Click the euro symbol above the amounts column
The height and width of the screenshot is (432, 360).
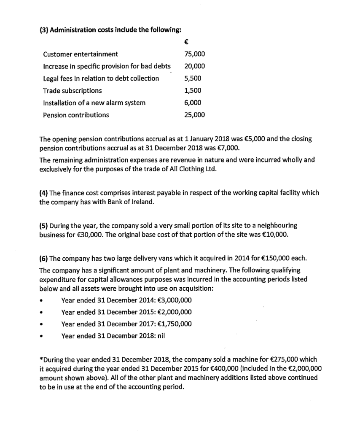click(187, 42)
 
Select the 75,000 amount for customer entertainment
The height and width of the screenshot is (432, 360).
click(195, 54)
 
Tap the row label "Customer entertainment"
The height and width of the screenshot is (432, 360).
click(81, 54)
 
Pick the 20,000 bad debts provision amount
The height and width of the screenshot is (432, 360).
click(195, 66)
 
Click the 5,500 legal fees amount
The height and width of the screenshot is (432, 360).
click(193, 78)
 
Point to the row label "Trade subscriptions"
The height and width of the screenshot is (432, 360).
click(72, 91)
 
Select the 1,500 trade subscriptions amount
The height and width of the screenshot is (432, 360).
click(193, 91)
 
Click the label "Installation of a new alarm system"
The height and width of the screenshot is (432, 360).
click(94, 103)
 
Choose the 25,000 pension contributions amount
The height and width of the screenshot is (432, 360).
click(195, 115)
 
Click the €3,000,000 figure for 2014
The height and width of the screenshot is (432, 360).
click(172, 300)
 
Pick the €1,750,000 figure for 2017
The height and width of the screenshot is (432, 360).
click(172, 324)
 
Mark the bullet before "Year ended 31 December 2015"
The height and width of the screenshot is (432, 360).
click(42, 313)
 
